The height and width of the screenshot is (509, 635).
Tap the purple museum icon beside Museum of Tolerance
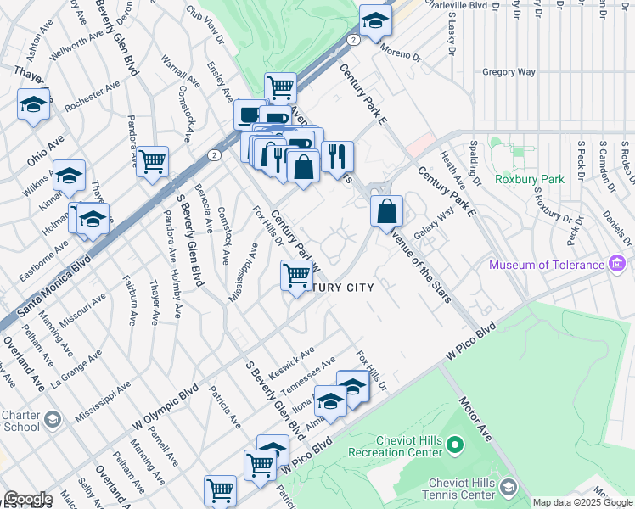pyautogui.click(x=618, y=266)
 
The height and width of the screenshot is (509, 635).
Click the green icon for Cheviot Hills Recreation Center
pyautogui.click(x=454, y=444)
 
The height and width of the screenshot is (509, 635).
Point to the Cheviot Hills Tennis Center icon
pyautogui.click(x=508, y=488)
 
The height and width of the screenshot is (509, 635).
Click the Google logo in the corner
pyautogui.click(x=27, y=499)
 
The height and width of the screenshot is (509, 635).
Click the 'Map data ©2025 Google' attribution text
pyautogui.click(x=582, y=502)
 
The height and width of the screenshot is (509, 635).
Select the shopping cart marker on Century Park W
pyautogui.click(x=296, y=275)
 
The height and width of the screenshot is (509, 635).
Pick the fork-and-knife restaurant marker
pyautogui.click(x=337, y=155)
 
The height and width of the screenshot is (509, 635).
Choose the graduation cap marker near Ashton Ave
pyautogui.click(x=33, y=104)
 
